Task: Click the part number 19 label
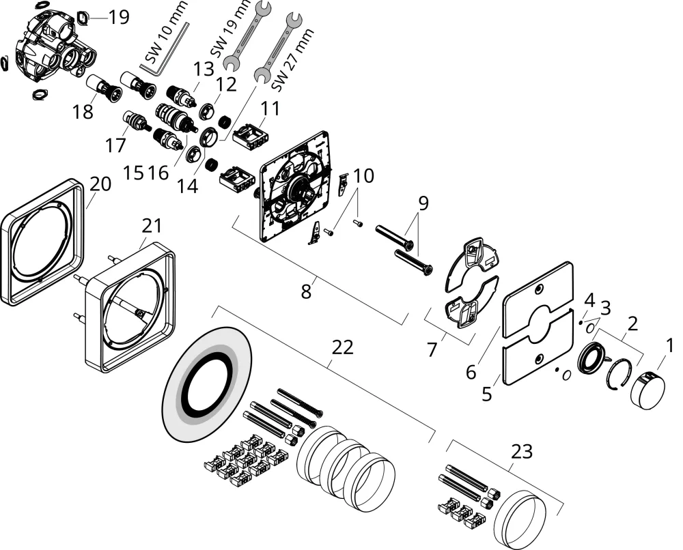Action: (118, 18)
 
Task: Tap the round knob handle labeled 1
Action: (647, 388)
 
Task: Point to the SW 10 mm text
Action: (167, 32)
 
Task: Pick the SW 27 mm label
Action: (292, 59)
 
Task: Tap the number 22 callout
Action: (342, 347)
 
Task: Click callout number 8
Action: (306, 291)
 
